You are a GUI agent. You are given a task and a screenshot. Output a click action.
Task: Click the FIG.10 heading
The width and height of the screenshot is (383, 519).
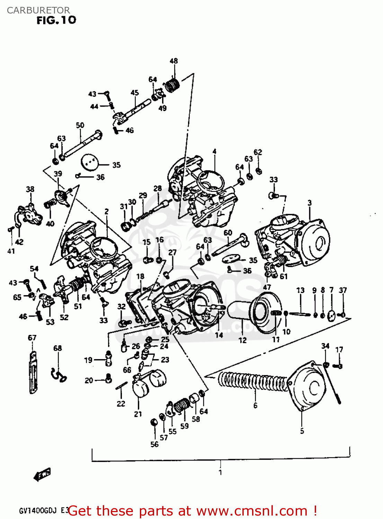click(x=56, y=20)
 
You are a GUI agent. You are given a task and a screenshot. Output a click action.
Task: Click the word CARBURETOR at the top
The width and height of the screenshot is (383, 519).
click(x=38, y=10)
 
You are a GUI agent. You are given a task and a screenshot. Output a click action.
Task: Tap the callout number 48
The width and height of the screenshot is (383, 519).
click(x=173, y=61)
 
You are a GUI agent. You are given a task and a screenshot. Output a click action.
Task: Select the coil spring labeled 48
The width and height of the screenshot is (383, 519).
click(x=172, y=85)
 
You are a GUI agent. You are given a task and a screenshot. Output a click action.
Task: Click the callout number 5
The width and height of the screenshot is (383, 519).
click(x=302, y=431)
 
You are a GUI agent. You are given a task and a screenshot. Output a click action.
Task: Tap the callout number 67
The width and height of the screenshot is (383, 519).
click(x=32, y=338)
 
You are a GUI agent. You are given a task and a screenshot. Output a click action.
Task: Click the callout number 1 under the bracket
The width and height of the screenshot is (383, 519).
click(x=220, y=472)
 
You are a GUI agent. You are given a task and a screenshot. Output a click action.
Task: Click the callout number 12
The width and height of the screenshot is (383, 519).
click(x=242, y=340)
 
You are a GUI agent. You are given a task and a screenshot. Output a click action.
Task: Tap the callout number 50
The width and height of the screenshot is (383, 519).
click(x=80, y=125)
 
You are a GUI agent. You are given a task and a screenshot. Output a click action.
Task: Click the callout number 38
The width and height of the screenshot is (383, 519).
click(x=30, y=189)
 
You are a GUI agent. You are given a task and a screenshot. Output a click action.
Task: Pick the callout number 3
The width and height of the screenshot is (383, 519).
click(x=310, y=203)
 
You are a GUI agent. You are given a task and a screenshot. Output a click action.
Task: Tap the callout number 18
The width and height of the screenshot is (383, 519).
click(x=140, y=276)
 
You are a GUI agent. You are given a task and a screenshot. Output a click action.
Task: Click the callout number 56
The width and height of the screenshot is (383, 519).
click(x=154, y=444)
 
